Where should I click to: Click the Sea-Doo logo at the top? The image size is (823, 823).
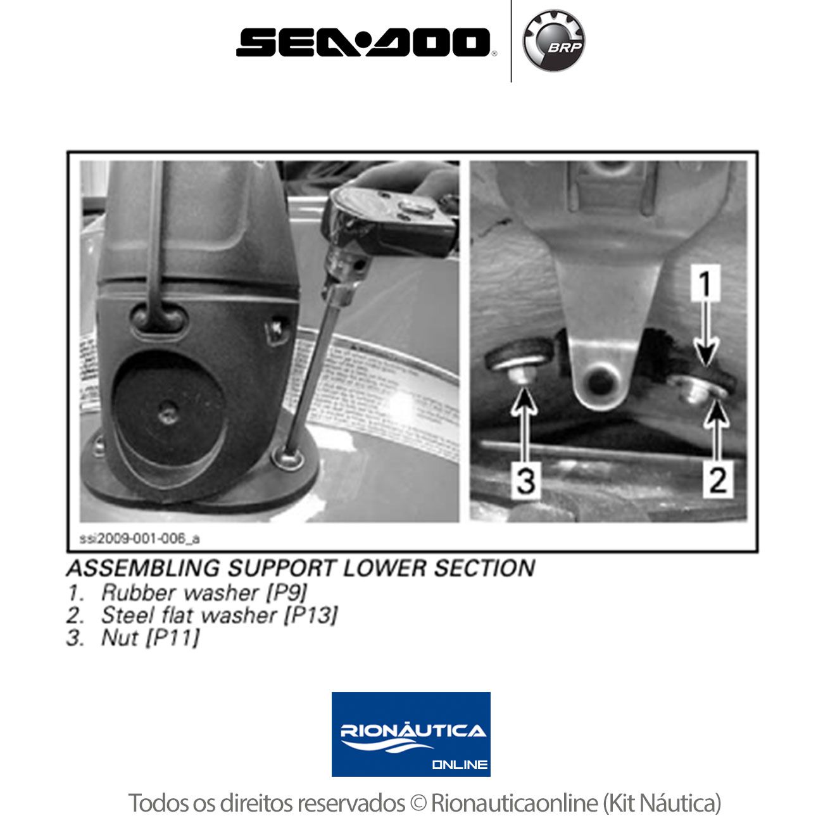click(363, 42)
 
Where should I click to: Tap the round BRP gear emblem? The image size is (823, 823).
click(554, 41)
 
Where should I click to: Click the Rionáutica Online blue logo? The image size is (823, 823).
click(411, 734)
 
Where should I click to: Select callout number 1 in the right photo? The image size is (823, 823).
click(705, 284)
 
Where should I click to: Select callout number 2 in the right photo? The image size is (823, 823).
click(718, 480)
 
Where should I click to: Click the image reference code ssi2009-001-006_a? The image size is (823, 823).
click(139, 539)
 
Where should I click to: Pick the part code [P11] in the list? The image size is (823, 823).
click(173, 638)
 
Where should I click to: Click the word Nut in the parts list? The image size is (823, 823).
click(120, 638)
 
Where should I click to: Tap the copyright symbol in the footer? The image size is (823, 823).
click(418, 803)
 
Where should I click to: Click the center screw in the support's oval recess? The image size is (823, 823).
click(166, 414)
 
